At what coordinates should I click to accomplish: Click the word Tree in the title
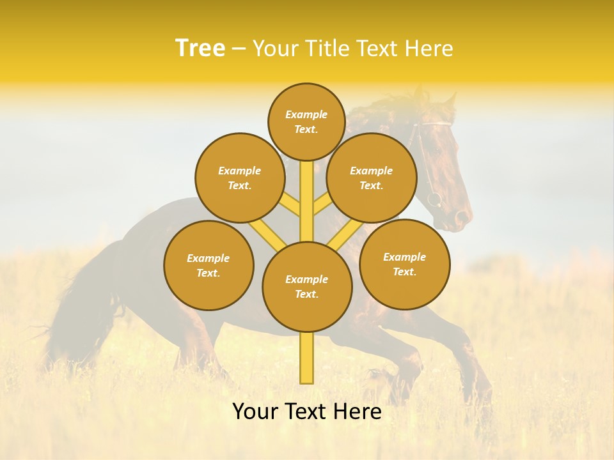[200, 49]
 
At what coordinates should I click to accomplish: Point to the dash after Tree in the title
[239, 49]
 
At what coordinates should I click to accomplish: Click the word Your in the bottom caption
[256, 411]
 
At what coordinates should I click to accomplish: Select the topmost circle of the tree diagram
[306, 121]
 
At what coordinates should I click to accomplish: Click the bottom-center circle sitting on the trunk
[307, 287]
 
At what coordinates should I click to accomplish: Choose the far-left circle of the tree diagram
[209, 265]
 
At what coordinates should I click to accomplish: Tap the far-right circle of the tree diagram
[404, 264]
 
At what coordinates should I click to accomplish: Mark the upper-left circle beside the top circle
[239, 178]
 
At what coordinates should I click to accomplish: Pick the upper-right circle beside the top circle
[371, 178]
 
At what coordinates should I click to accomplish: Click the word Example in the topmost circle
[306, 115]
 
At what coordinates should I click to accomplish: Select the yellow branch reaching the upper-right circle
[322, 206]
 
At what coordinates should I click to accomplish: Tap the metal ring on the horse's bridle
[434, 199]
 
